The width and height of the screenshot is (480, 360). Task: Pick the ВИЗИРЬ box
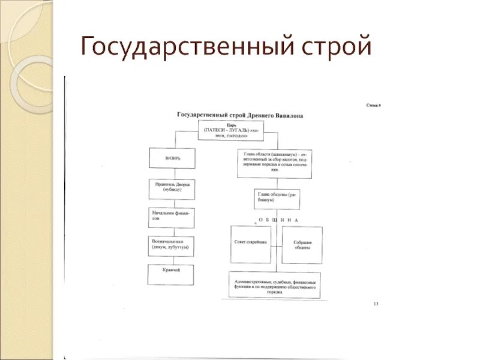click(x=172, y=158)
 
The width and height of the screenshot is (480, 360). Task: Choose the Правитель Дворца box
click(x=172, y=189)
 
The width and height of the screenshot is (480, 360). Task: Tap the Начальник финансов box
click(x=172, y=218)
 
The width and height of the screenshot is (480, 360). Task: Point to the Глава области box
click(x=274, y=163)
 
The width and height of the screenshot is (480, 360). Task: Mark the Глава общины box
click(x=277, y=198)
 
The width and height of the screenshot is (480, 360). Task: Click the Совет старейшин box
click(x=251, y=244)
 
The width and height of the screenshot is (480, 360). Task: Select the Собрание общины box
click(x=302, y=244)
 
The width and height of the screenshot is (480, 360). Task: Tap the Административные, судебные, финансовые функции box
click(x=274, y=285)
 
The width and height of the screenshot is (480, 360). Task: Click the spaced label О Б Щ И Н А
click(x=278, y=221)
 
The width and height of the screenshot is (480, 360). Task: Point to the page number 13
click(x=376, y=304)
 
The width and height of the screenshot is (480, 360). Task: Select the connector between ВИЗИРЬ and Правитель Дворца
click(x=172, y=173)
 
